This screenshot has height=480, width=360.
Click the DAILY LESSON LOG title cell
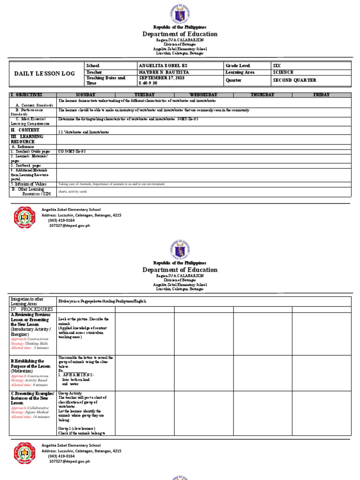(45, 74)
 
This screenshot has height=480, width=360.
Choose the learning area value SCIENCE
(283, 73)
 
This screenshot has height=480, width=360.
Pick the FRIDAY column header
(322, 95)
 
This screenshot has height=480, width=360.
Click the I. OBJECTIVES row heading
(27, 95)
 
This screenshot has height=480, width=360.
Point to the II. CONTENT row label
(26, 130)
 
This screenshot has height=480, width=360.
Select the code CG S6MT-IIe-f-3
(72, 151)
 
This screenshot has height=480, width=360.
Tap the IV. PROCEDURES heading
(32, 309)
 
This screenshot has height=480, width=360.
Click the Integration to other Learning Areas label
(28, 301)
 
